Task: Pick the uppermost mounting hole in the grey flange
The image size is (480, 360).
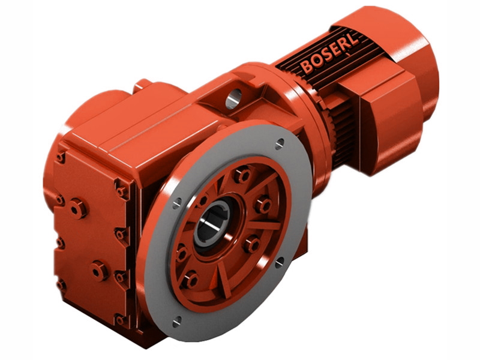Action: point(280,143)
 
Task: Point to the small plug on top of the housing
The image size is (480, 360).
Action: point(142,85)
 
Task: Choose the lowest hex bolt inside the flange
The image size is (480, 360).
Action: point(190,279)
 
